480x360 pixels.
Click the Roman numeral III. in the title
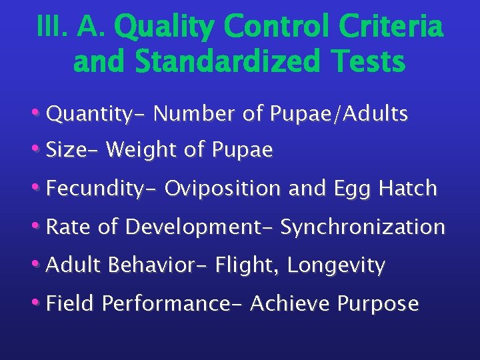(x=51, y=28)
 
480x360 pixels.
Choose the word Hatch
(x=407, y=189)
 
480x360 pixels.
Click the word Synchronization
(x=362, y=227)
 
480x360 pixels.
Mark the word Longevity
(x=336, y=266)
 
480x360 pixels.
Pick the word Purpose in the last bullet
(x=378, y=304)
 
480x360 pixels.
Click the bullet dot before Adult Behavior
(x=40, y=265)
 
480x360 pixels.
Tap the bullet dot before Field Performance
(x=40, y=303)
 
